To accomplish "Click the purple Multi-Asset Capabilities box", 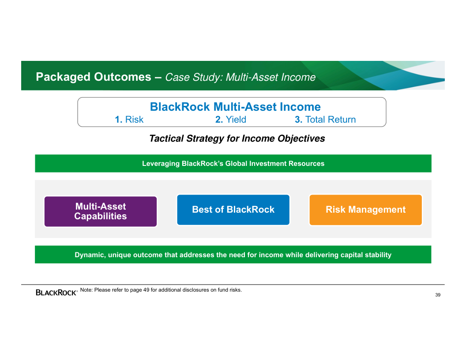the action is pyautogui.click(x=101, y=211).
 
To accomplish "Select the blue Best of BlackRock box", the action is pyautogui.click(x=233, y=210).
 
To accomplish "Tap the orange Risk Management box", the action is pyautogui.click(x=365, y=210).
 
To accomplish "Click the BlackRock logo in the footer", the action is pyautogui.click(x=56, y=292).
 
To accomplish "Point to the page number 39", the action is pyautogui.click(x=438, y=295).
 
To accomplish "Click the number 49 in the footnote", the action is pyautogui.click(x=146, y=290).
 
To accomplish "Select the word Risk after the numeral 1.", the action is pyautogui.click(x=134, y=120).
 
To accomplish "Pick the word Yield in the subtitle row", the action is pyautogui.click(x=236, y=120).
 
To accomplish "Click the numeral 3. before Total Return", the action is pyautogui.click(x=298, y=120).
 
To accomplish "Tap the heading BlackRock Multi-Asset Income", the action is pyautogui.click(x=235, y=107).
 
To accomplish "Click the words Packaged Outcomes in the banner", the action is pyautogui.click(x=94, y=77).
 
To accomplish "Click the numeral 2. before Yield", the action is pyautogui.click(x=219, y=120).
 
